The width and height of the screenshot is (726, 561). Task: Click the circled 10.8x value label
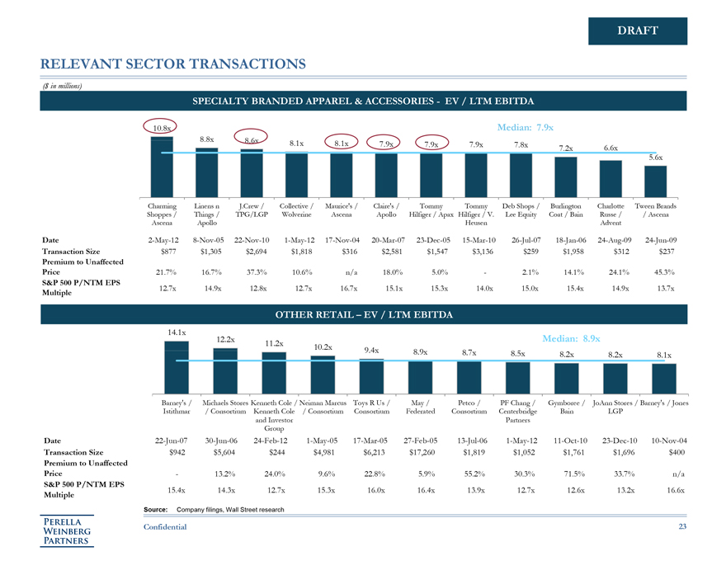coord(163,128)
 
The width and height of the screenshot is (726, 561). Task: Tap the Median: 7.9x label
coord(525,128)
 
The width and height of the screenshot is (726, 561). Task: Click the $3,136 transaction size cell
coord(480,251)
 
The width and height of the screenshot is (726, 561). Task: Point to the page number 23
coord(681,526)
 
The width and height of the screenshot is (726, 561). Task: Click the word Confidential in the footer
coord(164,526)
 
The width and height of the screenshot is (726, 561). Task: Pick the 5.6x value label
coord(655,157)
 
